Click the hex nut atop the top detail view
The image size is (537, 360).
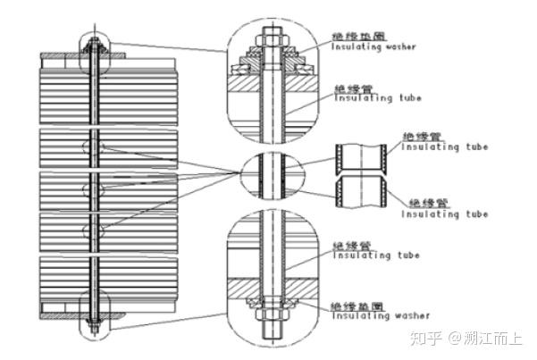coord(271,38)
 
